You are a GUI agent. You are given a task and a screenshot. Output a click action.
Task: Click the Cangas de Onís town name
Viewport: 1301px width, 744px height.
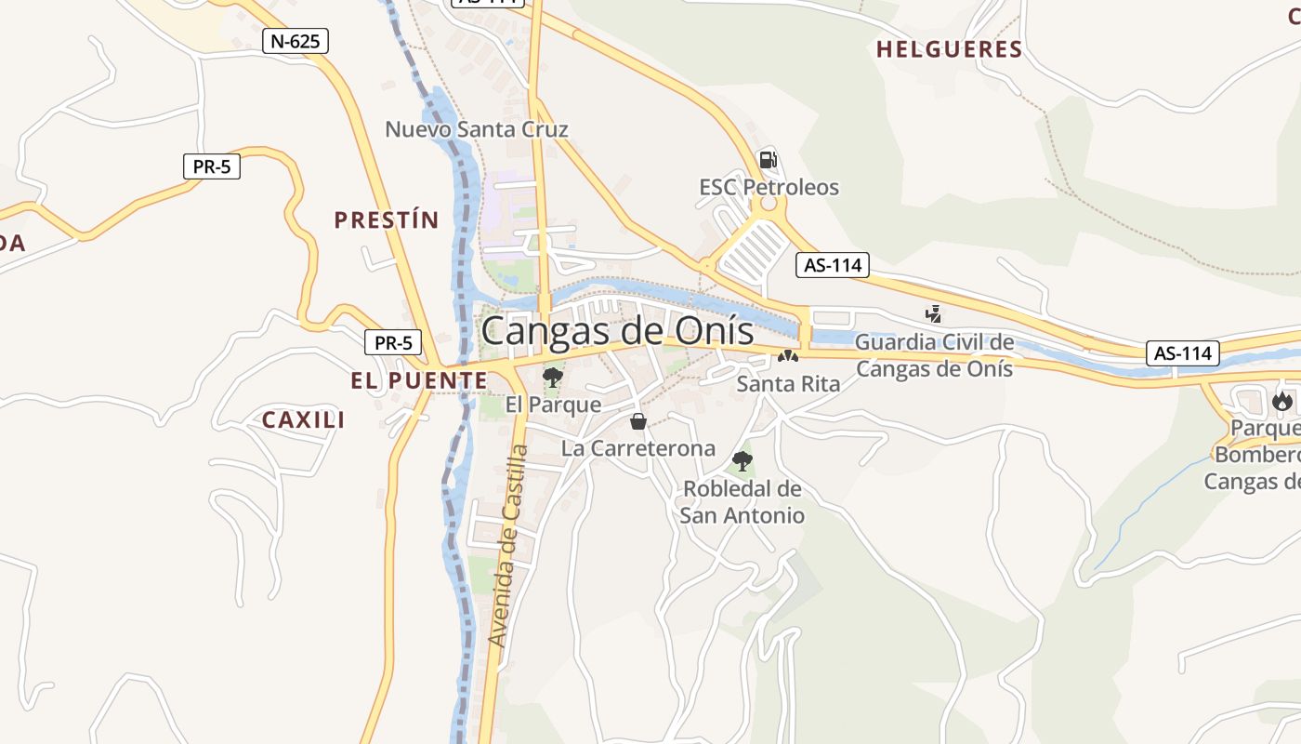[618, 330]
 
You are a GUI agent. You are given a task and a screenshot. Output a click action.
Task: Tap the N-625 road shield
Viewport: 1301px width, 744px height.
[295, 41]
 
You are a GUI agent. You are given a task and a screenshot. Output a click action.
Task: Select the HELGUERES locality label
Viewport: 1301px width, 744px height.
[949, 50]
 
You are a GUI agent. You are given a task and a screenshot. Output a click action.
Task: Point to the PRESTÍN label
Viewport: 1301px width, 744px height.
[386, 220]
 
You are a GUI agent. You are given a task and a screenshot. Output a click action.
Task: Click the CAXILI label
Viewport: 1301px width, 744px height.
[303, 420]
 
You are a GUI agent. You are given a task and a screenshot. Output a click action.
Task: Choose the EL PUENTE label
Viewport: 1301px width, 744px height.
[418, 380]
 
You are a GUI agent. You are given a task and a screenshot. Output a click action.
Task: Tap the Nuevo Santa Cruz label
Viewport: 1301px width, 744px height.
[476, 129]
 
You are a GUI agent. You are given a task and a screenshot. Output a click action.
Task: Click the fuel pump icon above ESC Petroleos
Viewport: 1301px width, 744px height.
[768, 159]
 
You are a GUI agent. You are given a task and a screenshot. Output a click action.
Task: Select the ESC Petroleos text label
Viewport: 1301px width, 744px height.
[769, 188]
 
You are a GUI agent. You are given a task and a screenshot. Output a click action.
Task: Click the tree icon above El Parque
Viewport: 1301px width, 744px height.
[553, 377]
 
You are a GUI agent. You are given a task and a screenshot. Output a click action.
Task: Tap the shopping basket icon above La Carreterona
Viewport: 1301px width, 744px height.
[638, 421]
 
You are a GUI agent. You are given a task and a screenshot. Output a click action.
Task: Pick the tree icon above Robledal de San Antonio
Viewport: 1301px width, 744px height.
[742, 460]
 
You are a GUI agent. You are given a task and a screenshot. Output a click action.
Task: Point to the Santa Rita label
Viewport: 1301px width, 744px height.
[788, 383]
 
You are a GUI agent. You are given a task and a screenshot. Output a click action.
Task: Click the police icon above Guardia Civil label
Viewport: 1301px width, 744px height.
[934, 314]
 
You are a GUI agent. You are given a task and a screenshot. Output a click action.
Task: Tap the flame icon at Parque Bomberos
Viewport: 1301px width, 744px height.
[1282, 402]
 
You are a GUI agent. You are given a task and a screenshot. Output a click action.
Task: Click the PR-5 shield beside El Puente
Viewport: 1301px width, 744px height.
[393, 342]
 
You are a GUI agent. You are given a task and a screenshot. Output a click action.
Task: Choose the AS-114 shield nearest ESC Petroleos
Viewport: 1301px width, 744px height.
[833, 265]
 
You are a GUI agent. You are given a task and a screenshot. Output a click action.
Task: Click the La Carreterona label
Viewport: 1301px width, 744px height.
[638, 448]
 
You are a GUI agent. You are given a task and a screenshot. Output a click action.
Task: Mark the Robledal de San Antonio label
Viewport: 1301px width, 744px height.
[742, 501]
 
